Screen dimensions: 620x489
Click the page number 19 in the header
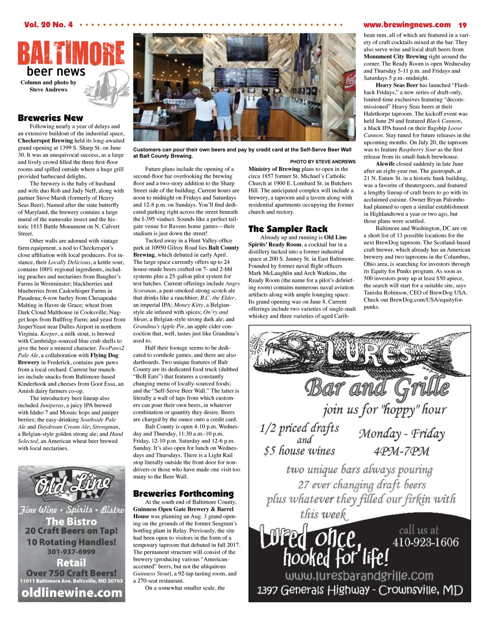tap(463, 25)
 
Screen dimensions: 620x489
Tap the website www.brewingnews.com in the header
tap(407, 25)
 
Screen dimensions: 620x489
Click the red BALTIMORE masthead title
tap(71, 53)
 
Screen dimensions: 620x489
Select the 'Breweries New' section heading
tap(51, 118)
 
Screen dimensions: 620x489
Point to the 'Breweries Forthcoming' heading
tap(183, 494)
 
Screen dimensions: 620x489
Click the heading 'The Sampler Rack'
tap(288, 229)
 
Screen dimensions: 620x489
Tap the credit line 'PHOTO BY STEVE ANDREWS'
tap(323, 162)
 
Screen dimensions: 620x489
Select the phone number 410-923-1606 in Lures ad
tap(425, 542)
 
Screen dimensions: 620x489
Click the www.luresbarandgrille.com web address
tap(359, 576)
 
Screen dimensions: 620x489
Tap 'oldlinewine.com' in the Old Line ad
tap(72, 593)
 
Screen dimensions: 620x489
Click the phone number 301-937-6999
tap(71, 552)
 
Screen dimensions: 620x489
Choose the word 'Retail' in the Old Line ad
tap(71, 563)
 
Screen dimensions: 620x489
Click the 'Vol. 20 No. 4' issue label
tap(48, 25)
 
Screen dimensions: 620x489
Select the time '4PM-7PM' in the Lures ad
tap(401, 451)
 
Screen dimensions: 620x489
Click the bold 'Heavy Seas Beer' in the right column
tap(396, 85)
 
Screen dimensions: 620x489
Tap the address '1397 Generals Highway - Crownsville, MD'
tap(360, 590)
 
